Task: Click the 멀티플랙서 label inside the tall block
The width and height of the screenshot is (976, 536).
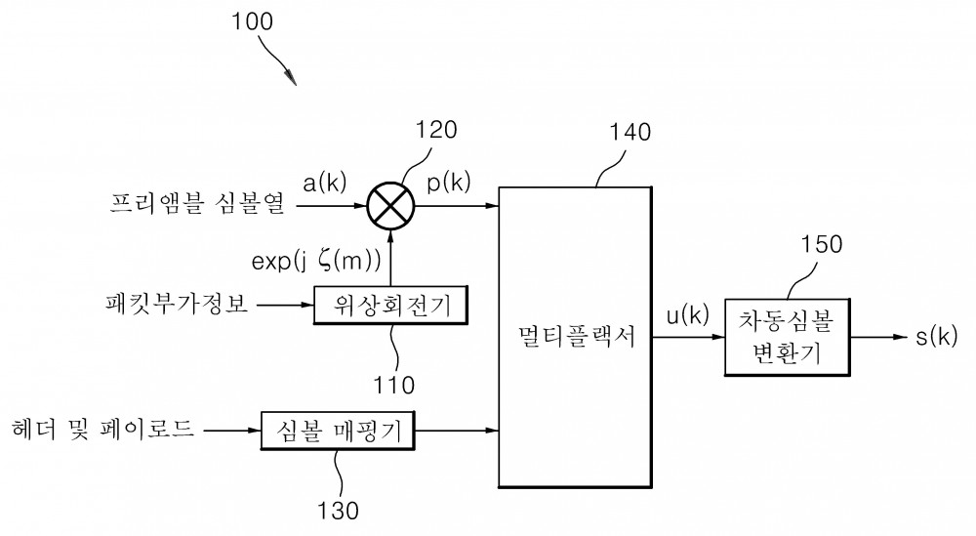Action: pyautogui.click(x=576, y=337)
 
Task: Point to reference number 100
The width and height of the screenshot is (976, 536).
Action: pyautogui.click(x=252, y=21)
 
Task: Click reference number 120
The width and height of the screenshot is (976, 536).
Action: pyautogui.click(x=435, y=130)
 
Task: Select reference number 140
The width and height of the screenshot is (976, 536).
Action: pyautogui.click(x=630, y=132)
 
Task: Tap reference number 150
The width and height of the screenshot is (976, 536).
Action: pyautogui.click(x=821, y=244)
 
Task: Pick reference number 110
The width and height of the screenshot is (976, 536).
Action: pyautogui.click(x=393, y=386)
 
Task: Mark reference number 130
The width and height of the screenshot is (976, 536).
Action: pyautogui.click(x=338, y=511)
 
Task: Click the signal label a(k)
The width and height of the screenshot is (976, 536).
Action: pyautogui.click(x=324, y=183)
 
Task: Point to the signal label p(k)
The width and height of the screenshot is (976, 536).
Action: pyautogui.click(x=448, y=183)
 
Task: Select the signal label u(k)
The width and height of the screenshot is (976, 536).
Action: pyautogui.click(x=688, y=315)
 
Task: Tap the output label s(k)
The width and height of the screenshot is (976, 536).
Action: pyautogui.click(x=936, y=336)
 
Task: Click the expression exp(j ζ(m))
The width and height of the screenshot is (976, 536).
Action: pyautogui.click(x=316, y=261)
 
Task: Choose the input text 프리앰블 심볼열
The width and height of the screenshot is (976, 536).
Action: pyautogui.click(x=197, y=203)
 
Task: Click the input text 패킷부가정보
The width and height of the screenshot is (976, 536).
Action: pyautogui.click(x=177, y=304)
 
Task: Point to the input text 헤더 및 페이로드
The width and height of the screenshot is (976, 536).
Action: pyautogui.click(x=102, y=429)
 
